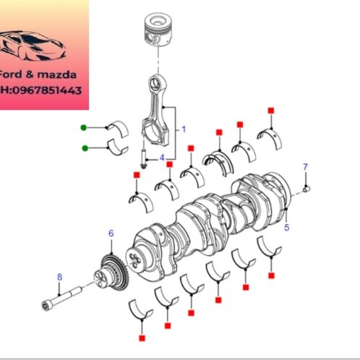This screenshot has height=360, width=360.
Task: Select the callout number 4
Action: (x=162, y=157)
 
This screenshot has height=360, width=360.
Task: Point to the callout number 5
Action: (x=287, y=228)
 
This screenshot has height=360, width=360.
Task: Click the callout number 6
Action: (x=111, y=233)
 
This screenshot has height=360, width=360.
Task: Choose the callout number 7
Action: (x=305, y=167)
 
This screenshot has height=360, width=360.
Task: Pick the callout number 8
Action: (x=59, y=276)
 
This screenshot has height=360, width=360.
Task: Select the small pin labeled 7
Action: (x=307, y=189)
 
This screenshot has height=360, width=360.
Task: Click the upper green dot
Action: (x=85, y=128)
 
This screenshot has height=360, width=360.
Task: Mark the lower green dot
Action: (x=85, y=148)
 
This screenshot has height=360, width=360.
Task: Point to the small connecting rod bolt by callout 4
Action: (x=142, y=158)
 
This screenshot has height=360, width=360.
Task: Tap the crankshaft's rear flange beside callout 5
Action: (x=278, y=192)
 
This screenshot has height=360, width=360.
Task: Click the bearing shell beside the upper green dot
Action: (x=115, y=128)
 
